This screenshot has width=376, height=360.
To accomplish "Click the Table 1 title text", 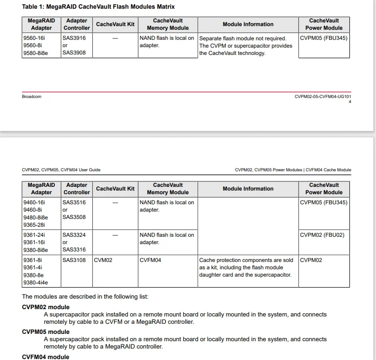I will coord(98,7).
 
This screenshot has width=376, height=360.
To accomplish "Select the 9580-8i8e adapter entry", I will coord(36,53).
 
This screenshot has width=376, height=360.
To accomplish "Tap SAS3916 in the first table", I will coord(74,38).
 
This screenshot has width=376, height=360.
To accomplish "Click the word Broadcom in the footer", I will coord(32,97).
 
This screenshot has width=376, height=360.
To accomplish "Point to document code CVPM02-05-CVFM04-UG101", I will coord(322,97).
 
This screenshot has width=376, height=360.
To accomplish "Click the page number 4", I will coord(350,102).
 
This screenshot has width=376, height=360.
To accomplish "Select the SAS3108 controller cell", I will coord(74,260).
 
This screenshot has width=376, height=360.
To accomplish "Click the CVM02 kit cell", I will coord(103,260).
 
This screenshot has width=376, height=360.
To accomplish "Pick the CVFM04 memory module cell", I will coord(150,260).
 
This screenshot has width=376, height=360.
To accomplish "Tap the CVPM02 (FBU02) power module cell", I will coord(322,235).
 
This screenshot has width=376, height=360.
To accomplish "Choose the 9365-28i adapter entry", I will coord(34,225).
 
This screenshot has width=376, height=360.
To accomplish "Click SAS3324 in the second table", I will coord(74,235).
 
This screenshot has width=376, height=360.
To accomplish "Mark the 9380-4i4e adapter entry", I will coord(36,283).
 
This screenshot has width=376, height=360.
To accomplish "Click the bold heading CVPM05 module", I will coord(46,332).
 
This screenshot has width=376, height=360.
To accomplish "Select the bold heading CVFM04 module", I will coord(46,357).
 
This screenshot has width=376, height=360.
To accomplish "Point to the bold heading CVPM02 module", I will coord(46,307).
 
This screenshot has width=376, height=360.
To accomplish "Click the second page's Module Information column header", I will coord(248,189).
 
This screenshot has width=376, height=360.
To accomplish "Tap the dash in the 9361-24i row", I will coord(115,235).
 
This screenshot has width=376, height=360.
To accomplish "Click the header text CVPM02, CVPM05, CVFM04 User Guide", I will coord(61,170).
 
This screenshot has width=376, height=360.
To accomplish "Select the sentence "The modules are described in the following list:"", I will coord(85,296).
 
